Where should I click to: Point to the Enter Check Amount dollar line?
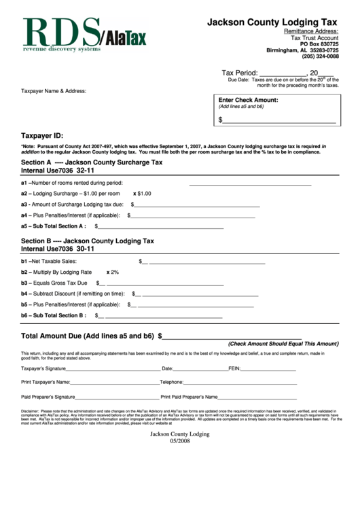(279, 121)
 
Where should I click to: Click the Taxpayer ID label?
(42, 136)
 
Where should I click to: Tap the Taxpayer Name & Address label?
(54, 90)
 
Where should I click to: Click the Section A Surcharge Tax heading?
(92, 163)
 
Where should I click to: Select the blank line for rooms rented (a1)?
(249, 183)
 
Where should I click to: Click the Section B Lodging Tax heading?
(88, 241)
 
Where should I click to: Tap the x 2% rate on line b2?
(113, 272)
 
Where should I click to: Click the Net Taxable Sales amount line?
(207, 262)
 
